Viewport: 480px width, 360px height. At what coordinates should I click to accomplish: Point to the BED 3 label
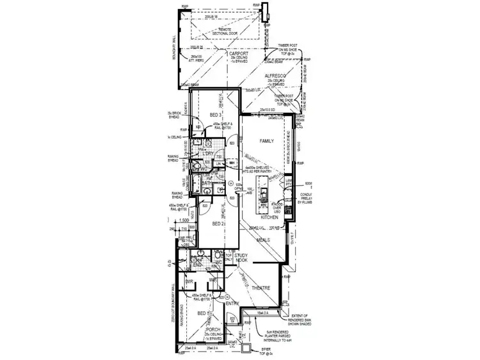(x=215, y=114)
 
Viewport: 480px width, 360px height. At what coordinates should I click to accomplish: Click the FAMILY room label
(x=266, y=140)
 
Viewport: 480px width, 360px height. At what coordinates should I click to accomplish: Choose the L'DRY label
(x=208, y=154)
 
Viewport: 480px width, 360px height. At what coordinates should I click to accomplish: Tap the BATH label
(x=206, y=183)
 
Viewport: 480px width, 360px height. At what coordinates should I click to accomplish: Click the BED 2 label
(x=218, y=225)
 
